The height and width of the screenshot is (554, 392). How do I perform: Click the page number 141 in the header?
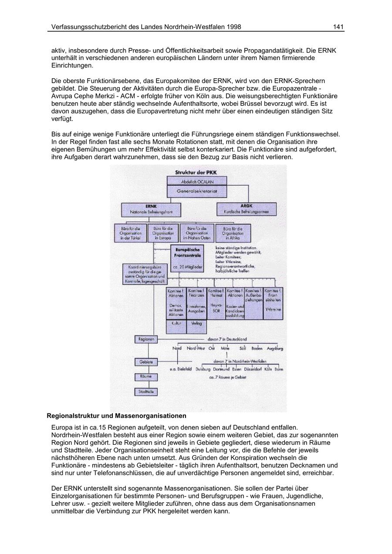coord(338,27)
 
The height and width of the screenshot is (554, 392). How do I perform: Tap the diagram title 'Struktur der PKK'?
coord(196,172)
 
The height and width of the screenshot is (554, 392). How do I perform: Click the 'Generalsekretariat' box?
coord(197,191)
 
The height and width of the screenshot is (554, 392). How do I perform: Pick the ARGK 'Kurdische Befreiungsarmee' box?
coord(247,209)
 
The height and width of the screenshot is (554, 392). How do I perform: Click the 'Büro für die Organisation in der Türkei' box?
coord(130,233)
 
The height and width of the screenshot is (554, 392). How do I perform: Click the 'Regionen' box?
coord(145,339)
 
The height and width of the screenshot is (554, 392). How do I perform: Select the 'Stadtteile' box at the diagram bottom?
coord(145,392)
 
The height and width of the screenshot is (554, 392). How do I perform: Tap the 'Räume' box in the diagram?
coord(145,376)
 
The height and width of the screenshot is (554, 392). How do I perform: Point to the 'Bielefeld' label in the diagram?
coord(182,369)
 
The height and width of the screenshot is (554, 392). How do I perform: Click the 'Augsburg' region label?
coord(275,349)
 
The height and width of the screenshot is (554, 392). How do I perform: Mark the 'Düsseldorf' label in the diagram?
coord(253,369)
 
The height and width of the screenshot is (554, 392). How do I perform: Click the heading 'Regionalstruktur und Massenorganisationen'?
coord(116,416)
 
